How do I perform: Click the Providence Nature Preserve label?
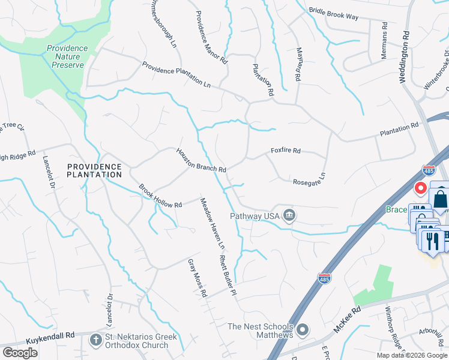(67, 56)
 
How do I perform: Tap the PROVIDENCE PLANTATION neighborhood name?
(94, 170)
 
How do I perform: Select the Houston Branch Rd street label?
(200, 160)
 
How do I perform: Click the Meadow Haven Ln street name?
(212, 223)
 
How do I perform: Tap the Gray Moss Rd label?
(196, 278)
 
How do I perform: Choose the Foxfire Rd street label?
(285, 151)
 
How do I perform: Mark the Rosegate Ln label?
(309, 179)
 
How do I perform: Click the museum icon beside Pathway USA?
(289, 215)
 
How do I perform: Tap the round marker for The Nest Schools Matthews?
(303, 329)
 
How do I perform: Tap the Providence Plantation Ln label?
(176, 75)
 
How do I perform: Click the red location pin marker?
(421, 188)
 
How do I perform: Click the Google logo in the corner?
(20, 353)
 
